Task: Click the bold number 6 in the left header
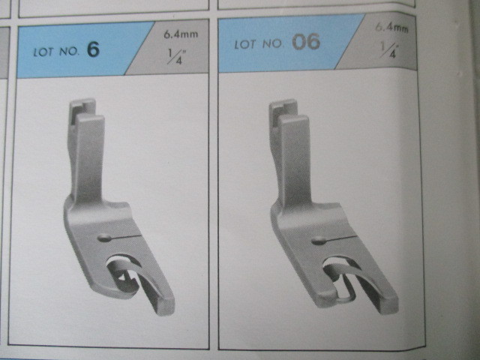pos(93,49)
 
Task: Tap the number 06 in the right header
pos(306,42)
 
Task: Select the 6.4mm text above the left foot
pos(181,34)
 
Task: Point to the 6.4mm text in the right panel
pos(391,28)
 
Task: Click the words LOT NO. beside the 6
pos(56,52)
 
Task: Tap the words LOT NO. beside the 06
pos(259,44)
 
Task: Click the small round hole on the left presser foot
pos(105,238)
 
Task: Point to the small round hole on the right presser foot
pos(318,241)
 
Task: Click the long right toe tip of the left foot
pos(165,306)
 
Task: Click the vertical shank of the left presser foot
pos(87,159)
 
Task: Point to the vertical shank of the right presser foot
pos(292,159)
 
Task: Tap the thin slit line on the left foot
pos(125,237)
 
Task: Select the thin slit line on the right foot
pos(340,238)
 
